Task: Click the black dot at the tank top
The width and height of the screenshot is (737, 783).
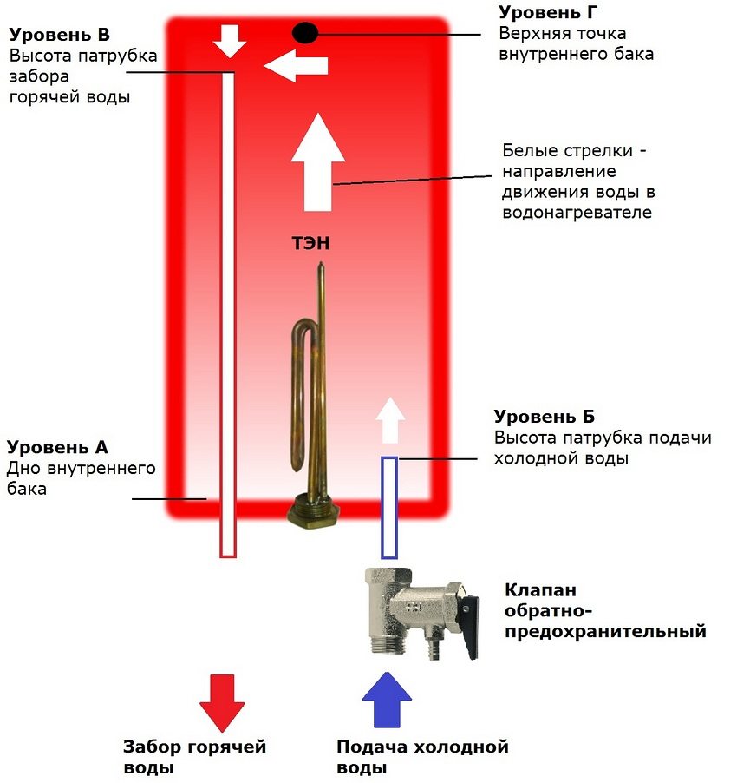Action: click(x=305, y=33)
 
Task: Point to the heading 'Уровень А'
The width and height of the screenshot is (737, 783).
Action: click(x=58, y=448)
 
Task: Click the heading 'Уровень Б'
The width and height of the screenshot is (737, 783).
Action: click(x=545, y=418)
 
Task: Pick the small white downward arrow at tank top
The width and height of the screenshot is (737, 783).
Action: click(x=230, y=40)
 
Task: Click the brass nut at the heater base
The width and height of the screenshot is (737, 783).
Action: click(x=311, y=510)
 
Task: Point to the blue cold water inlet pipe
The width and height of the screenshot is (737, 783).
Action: click(x=389, y=508)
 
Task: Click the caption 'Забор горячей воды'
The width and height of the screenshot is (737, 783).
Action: click(x=194, y=757)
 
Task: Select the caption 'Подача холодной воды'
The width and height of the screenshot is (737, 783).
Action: click(x=422, y=757)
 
